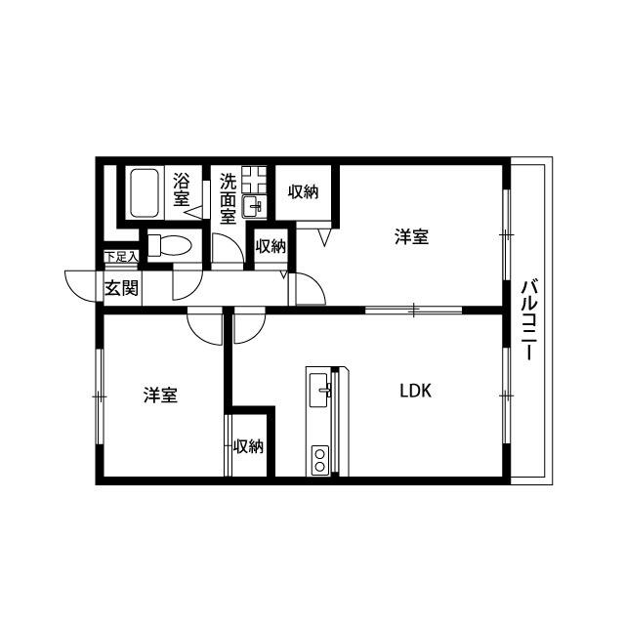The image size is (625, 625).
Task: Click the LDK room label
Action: click(x=415, y=391)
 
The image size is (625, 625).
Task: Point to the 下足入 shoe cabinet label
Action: click(x=121, y=257)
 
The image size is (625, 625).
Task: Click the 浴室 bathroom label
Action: click(x=182, y=189)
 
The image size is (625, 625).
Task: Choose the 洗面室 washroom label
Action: click(x=228, y=197)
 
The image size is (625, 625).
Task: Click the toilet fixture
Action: click(x=169, y=244)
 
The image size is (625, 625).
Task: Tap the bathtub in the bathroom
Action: click(x=144, y=192)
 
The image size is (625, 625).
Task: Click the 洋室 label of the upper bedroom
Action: click(x=411, y=237)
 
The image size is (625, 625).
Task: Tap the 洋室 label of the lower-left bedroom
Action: click(x=160, y=396)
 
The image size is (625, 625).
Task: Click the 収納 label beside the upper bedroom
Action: click(x=303, y=191)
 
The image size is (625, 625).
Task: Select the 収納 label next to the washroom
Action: click(x=271, y=246)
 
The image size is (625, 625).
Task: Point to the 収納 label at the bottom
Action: click(x=249, y=446)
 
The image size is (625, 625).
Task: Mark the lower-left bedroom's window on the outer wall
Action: click(x=100, y=396)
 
